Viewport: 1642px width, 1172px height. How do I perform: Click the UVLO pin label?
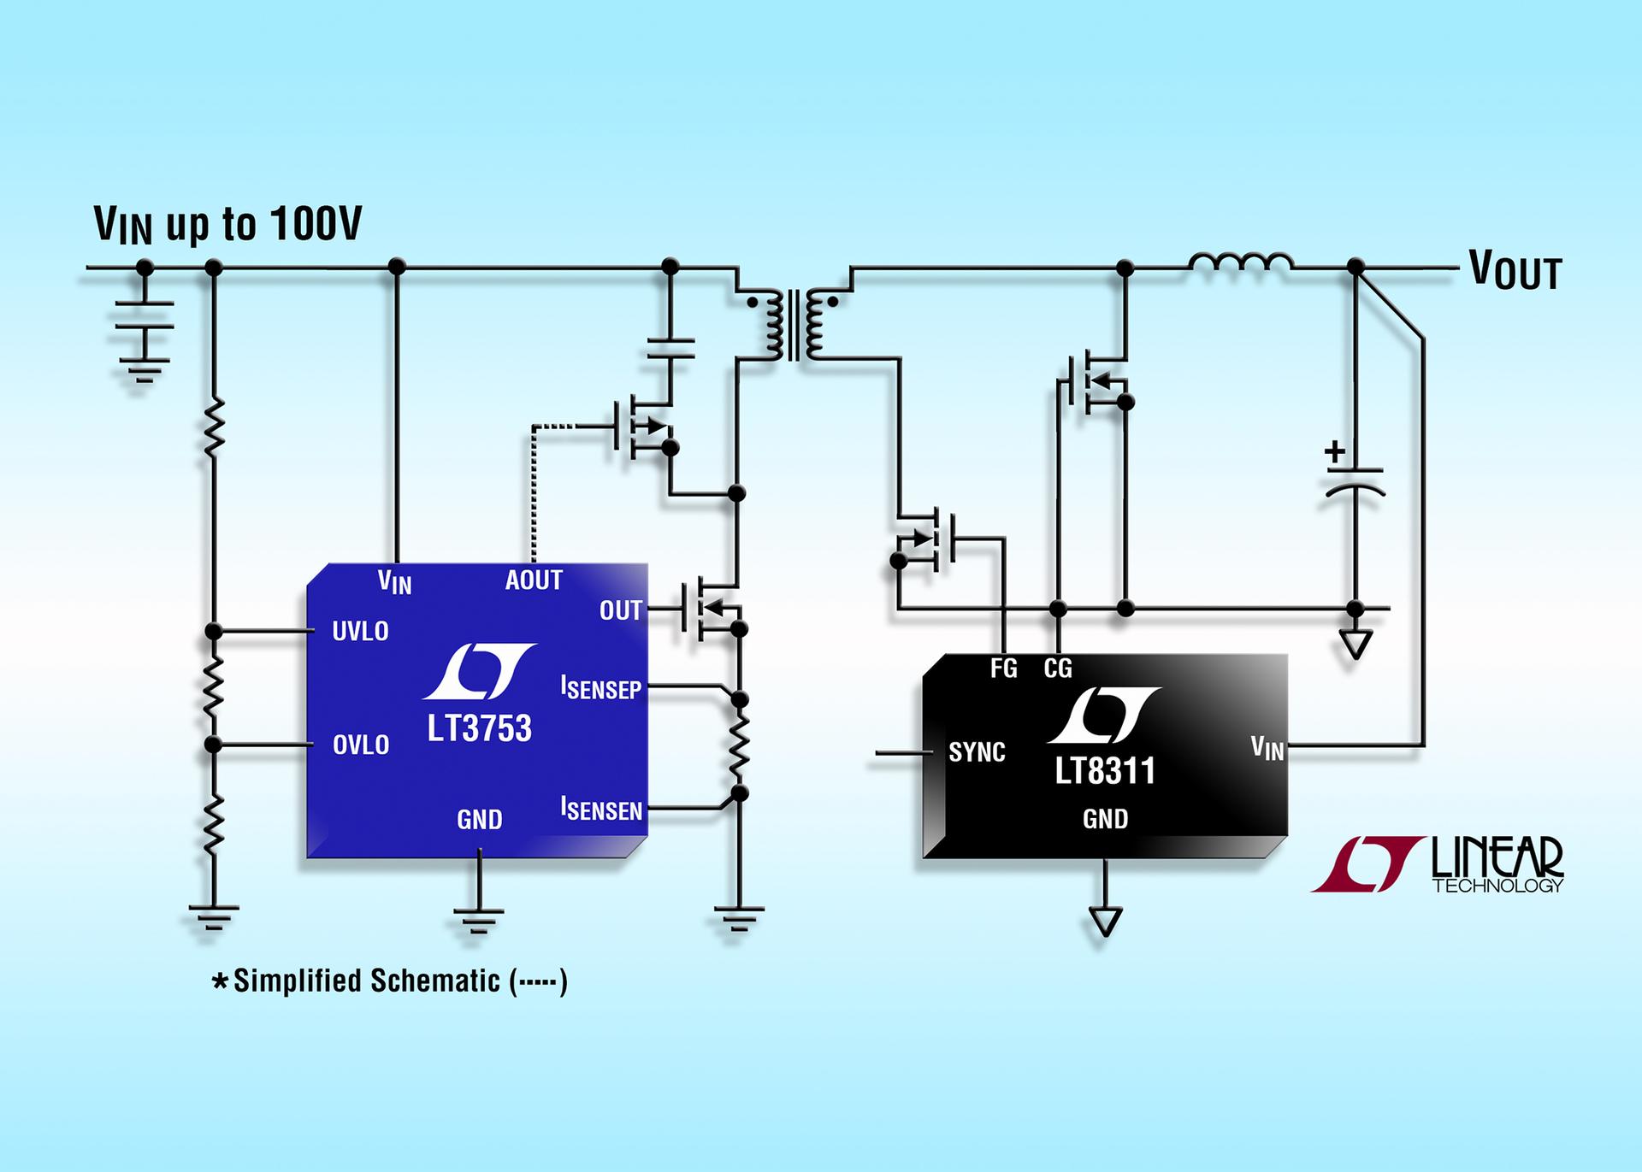360,631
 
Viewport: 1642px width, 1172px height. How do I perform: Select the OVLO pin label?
360,745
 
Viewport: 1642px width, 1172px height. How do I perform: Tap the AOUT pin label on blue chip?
534,580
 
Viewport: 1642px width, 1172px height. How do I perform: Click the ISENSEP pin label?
601,688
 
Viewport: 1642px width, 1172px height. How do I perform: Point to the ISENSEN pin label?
601,809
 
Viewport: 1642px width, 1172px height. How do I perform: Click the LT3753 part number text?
479,728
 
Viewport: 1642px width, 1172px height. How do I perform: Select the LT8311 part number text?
1104,771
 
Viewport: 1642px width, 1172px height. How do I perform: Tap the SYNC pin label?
977,752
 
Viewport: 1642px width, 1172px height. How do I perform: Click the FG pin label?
1004,668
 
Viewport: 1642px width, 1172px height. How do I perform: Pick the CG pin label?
1058,668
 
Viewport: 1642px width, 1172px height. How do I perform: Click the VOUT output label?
1515,271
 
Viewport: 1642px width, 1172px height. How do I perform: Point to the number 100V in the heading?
316,224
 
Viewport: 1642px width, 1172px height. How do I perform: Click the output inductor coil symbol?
1240,263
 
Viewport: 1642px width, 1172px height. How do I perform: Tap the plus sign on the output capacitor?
1334,451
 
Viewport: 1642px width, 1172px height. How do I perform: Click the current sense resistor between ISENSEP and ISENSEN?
739,745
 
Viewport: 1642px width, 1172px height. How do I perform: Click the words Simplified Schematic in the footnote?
366,981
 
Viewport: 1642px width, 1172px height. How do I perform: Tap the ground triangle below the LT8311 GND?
1105,922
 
